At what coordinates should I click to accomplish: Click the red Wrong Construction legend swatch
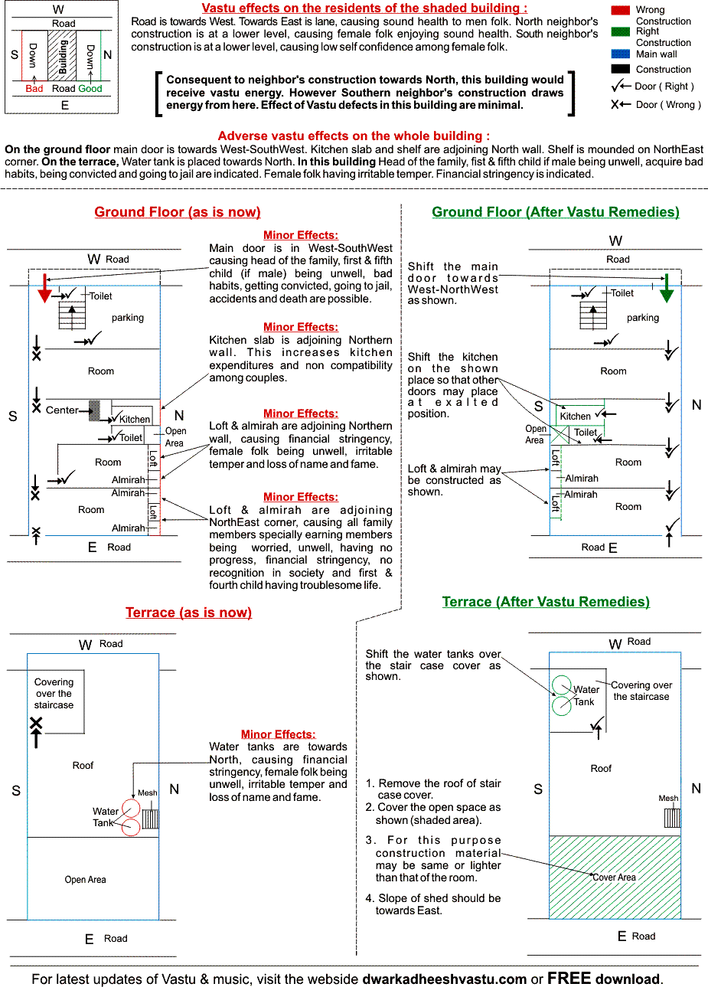click(x=621, y=11)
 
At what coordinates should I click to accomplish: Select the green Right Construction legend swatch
click(x=621, y=31)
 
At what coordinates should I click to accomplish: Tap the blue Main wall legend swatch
click(x=621, y=54)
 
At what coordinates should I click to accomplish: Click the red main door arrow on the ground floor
click(x=44, y=288)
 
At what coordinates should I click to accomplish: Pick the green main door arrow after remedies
click(x=667, y=288)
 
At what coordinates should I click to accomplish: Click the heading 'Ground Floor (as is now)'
click(x=178, y=212)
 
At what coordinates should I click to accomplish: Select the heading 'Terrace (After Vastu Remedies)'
click(x=546, y=602)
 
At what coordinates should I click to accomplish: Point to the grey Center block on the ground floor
click(x=94, y=410)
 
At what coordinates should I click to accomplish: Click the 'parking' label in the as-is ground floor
click(x=128, y=318)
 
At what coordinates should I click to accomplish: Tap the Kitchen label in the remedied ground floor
click(x=575, y=416)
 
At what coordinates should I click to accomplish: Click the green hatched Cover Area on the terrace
click(x=615, y=878)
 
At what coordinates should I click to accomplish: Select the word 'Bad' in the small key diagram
click(x=34, y=89)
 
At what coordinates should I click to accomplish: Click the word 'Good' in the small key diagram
click(x=90, y=89)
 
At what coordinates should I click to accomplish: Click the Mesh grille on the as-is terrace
click(x=150, y=819)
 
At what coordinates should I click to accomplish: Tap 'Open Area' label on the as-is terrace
click(x=85, y=880)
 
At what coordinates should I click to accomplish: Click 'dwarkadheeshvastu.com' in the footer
click(x=444, y=979)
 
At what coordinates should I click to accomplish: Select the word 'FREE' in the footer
click(x=569, y=979)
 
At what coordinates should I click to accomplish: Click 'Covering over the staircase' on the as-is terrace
click(x=54, y=694)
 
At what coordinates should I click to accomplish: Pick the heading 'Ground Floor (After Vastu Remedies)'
click(x=556, y=212)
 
